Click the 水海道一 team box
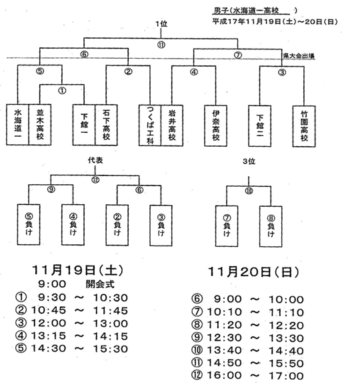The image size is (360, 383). (x=17, y=125)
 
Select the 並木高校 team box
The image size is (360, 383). (x=40, y=125)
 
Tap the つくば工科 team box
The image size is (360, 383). (x=150, y=125)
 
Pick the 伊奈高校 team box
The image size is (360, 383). (x=216, y=126)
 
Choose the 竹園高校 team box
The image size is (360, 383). (x=304, y=126)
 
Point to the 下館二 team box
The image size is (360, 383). (x=260, y=126)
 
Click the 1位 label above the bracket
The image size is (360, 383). (x=161, y=24)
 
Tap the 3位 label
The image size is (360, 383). (x=249, y=161)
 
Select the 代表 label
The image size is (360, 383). (x=95, y=160)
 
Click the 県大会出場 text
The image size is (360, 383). (x=299, y=56)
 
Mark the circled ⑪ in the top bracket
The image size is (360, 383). (x=161, y=45)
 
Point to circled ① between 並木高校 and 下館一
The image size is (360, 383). (x=62, y=91)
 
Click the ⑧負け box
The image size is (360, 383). (x=271, y=226)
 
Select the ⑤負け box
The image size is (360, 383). (x=29, y=225)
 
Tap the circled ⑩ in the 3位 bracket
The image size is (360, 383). (x=249, y=191)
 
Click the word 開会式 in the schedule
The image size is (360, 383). (x=100, y=284)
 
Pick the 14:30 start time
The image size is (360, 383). (x=49, y=348)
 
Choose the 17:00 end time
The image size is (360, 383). (x=286, y=376)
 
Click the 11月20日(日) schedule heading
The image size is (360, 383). (x=253, y=272)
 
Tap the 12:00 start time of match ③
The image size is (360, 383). (x=49, y=323)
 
